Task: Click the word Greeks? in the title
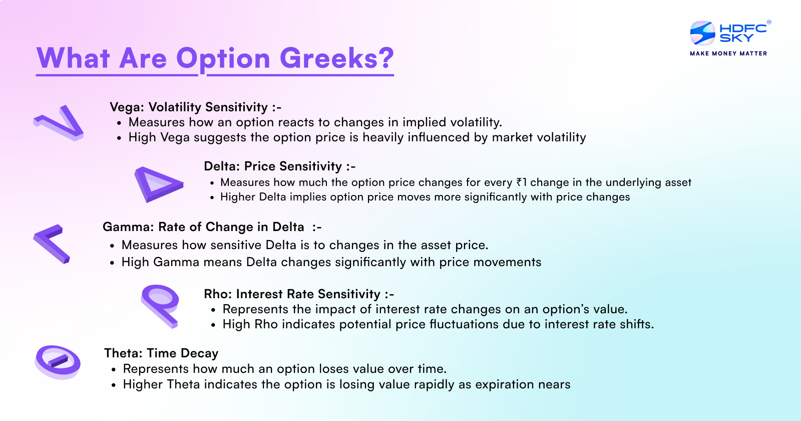point(336,58)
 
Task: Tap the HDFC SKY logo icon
point(702,33)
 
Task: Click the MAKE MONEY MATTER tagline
point(728,53)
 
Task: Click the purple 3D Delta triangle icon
point(156,183)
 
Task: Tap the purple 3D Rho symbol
point(160,305)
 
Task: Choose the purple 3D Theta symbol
point(58,361)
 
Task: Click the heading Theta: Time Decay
point(161,353)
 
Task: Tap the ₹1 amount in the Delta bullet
point(521,182)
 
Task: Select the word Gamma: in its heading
point(128,227)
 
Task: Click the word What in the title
point(73,58)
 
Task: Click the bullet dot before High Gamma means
point(112,263)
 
